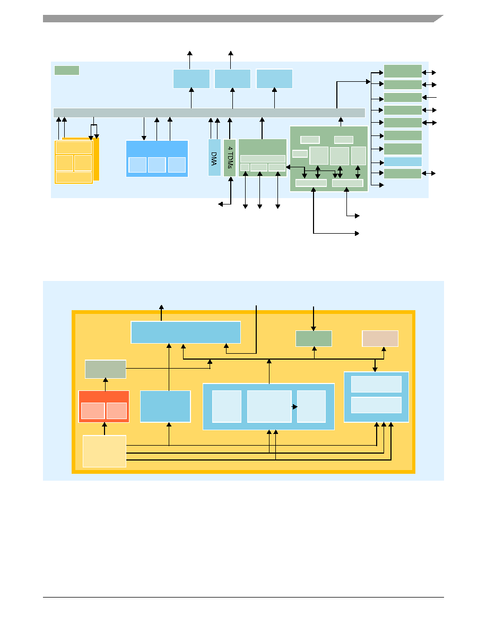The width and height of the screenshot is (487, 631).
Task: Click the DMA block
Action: [x=214, y=157]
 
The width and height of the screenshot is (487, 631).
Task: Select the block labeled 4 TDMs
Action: [x=230, y=157]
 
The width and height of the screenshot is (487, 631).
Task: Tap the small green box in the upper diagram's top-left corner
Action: [x=67, y=71]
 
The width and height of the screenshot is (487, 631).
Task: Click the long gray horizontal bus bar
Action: [x=209, y=113]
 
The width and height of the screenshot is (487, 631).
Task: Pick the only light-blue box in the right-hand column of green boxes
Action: [x=403, y=162]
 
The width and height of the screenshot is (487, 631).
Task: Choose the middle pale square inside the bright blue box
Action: [x=156, y=165]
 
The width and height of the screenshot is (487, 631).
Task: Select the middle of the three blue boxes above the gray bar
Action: [x=233, y=79]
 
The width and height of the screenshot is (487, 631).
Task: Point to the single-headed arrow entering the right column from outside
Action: [x=429, y=97]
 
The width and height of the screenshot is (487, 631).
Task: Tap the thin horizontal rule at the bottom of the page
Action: [x=243, y=597]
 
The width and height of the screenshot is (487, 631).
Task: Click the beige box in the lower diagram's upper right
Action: [x=380, y=338]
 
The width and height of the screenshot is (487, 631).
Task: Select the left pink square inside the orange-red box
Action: [x=93, y=411]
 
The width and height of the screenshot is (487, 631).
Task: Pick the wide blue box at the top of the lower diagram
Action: [x=186, y=332]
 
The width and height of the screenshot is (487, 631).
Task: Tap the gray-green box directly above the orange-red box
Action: [x=106, y=369]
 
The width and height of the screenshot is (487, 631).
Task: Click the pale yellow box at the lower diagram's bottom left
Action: [x=105, y=451]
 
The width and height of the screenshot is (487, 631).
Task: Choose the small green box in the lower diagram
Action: [x=314, y=338]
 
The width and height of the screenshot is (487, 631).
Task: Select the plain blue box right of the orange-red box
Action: [x=165, y=406]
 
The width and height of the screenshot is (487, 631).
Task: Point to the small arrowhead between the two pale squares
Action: [x=295, y=407]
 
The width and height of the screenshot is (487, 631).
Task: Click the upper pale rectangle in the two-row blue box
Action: [x=377, y=385]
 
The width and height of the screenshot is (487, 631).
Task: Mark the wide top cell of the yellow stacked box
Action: [x=74, y=148]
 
